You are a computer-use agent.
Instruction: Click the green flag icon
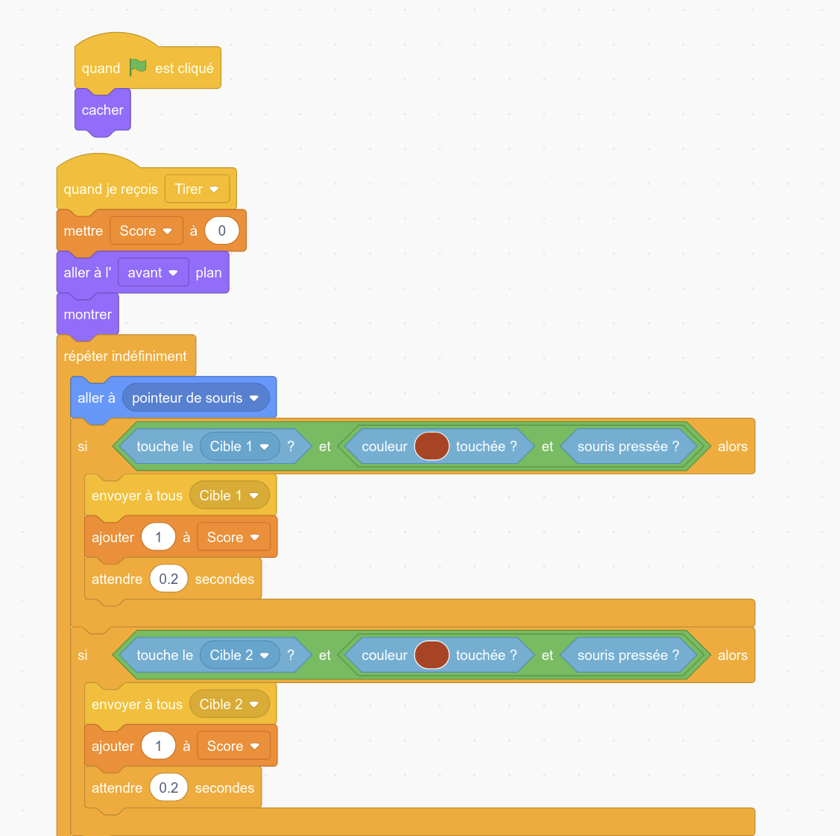click(x=138, y=68)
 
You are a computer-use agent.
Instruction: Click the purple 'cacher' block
click(x=103, y=110)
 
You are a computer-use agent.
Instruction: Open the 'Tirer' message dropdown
click(x=197, y=189)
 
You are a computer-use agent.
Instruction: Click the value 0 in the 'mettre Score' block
click(x=222, y=231)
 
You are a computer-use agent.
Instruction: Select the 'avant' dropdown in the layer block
click(x=154, y=273)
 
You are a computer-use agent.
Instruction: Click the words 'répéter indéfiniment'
click(x=124, y=356)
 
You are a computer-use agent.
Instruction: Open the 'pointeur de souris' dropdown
click(x=196, y=398)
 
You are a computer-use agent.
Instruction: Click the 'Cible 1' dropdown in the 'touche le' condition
click(x=240, y=447)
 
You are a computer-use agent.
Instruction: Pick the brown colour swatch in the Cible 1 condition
click(x=432, y=447)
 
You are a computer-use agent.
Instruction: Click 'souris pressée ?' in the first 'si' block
click(x=628, y=447)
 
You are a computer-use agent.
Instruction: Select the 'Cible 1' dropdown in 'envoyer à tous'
click(x=230, y=496)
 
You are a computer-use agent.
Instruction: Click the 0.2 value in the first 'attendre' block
click(x=168, y=579)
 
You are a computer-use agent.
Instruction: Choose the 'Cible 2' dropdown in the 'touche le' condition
click(x=240, y=656)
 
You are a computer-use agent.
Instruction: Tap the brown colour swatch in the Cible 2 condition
click(x=432, y=656)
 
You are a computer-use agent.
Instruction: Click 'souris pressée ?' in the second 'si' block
click(x=628, y=656)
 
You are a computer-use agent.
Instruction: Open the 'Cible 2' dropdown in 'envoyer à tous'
click(x=230, y=705)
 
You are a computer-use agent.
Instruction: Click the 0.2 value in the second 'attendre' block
click(x=168, y=788)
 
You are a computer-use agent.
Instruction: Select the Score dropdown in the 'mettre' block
click(x=146, y=231)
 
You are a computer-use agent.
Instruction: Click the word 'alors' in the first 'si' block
click(x=733, y=447)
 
